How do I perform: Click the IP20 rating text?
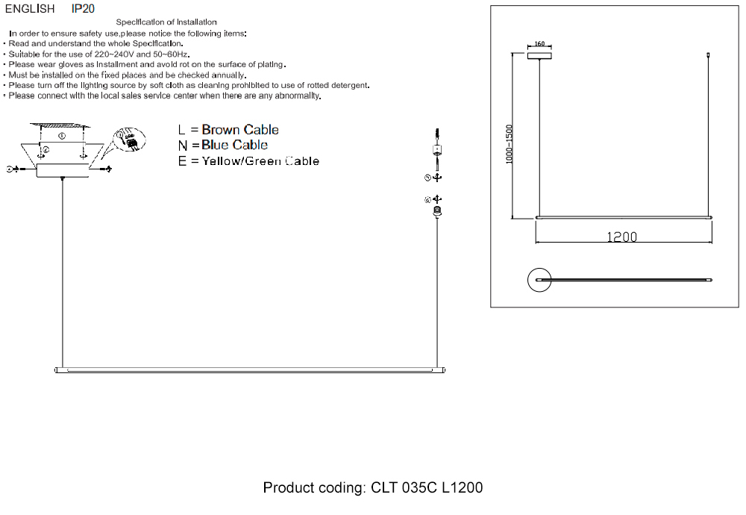coord(83,8)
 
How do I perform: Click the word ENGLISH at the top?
coord(30,8)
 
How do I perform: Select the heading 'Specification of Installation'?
coord(166,22)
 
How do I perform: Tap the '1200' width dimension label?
coord(622,237)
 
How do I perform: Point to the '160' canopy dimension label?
coord(539,44)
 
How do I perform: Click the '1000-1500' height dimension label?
coord(509,144)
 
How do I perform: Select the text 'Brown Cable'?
coord(240,129)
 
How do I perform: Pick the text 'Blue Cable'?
coord(234,145)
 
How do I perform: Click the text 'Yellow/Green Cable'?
coord(260,161)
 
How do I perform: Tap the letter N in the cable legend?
coord(182,146)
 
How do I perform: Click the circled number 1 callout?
coord(62,136)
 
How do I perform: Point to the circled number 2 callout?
coord(46,149)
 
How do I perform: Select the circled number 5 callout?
coord(427,178)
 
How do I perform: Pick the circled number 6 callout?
coord(427,200)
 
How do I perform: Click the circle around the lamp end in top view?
coord(539,268)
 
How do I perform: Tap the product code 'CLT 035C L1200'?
coord(427,487)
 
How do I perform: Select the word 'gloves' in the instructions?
coord(71,64)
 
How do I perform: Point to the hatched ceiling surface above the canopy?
coord(60,125)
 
